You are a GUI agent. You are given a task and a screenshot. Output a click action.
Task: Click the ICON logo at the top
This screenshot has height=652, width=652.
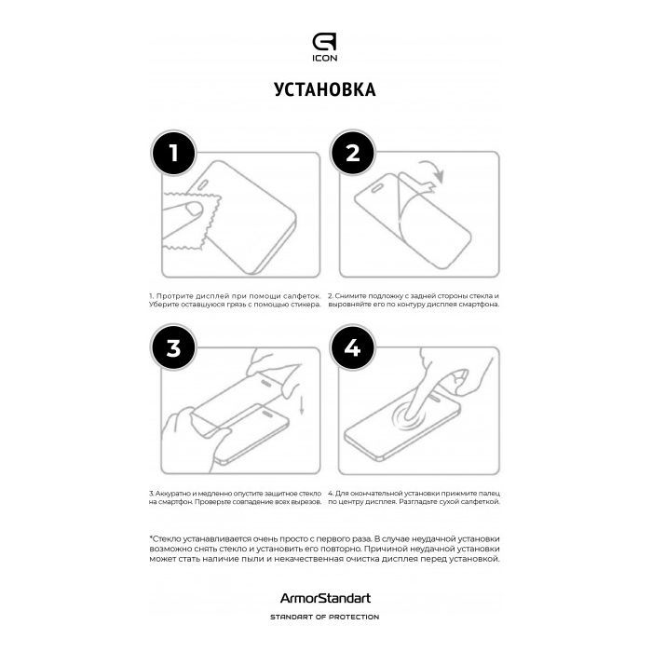click(x=325, y=47)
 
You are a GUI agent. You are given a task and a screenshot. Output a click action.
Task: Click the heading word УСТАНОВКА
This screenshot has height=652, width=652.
click(x=325, y=90)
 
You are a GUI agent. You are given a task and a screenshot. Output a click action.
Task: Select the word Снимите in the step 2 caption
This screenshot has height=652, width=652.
click(x=351, y=295)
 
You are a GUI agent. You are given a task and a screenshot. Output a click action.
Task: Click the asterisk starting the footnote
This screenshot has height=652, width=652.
click(x=151, y=538)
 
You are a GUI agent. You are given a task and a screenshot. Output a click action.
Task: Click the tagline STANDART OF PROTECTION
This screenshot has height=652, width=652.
click(x=325, y=617)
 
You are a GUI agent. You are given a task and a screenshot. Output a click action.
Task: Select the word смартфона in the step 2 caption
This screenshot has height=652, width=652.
click(x=476, y=305)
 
